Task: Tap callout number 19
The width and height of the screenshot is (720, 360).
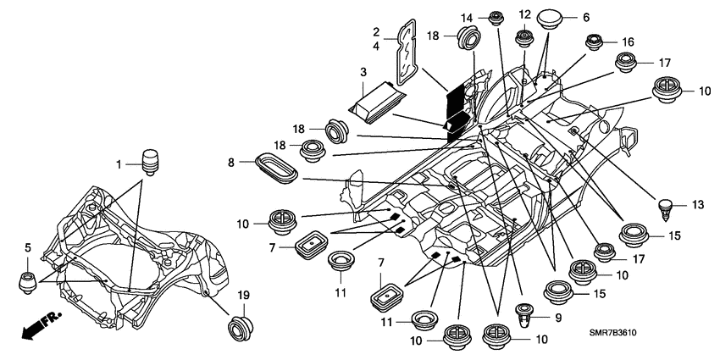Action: pos(243,294)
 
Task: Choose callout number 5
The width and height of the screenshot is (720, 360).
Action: pos(28,247)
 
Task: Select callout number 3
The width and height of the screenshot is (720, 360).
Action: pos(363,72)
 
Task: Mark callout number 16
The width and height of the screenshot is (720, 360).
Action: pos(627,41)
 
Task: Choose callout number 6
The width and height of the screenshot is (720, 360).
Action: pos(586,17)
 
